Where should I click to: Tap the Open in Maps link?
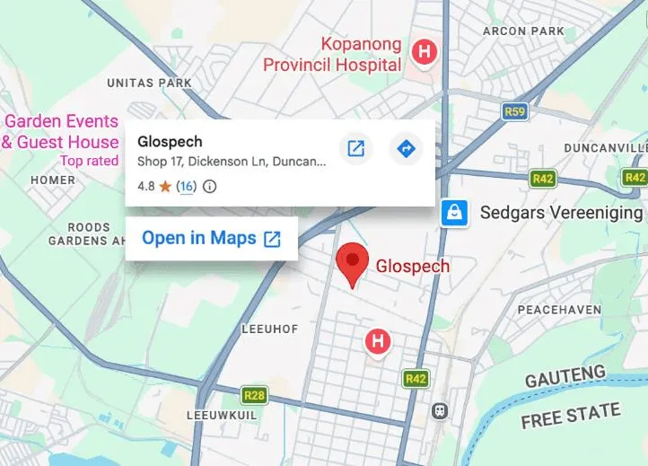pos(211,238)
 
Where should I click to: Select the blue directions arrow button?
pos(407,148)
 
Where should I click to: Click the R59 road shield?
pos(513,111)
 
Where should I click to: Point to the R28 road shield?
pos(254,394)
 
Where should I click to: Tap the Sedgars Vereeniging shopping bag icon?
pos(454,213)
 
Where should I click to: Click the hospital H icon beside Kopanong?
pos(423,52)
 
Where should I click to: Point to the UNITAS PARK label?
pos(149,83)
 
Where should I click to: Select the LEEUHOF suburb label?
pos(269,330)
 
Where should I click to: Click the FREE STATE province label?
pos(571,416)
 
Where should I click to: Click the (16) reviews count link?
pos(186,187)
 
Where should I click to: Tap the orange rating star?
pos(166,187)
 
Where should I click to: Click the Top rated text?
pos(89,161)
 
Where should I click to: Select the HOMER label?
pos(52,180)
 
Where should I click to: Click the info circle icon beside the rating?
pos(210,187)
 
